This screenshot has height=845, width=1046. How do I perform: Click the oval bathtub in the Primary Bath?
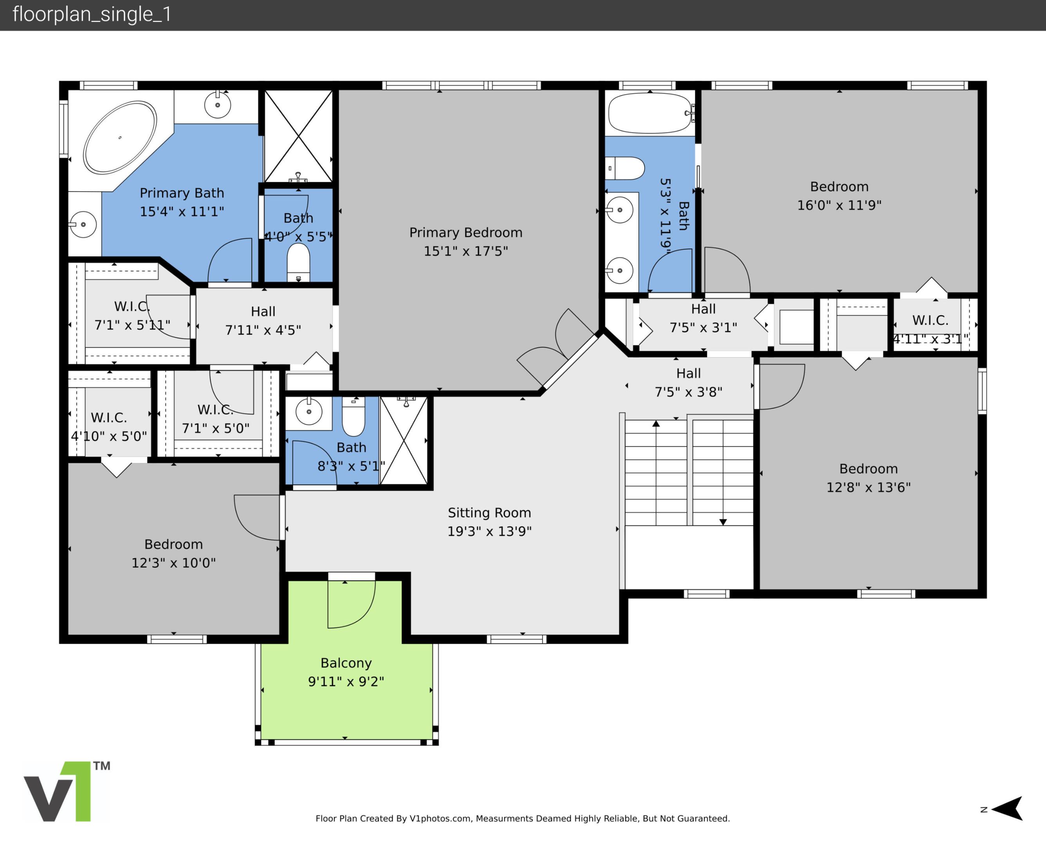click(120, 137)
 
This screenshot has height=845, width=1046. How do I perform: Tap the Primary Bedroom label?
click(465, 233)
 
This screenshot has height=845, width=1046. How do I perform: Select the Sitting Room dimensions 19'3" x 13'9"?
click(489, 531)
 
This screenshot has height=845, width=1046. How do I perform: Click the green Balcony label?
click(346, 663)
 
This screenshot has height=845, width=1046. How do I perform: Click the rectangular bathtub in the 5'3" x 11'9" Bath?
click(649, 113)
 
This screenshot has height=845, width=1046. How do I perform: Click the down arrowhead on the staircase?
click(723, 522)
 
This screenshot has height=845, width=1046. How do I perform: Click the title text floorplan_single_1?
click(92, 14)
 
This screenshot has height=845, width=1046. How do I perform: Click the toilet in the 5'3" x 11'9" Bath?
click(626, 169)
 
